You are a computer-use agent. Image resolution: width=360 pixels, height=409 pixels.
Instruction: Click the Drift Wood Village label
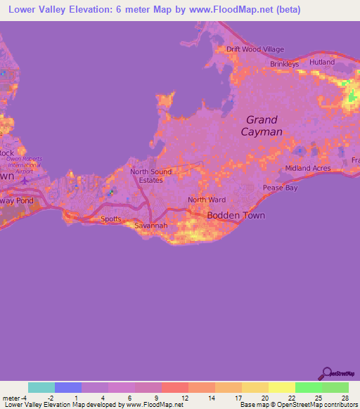pyautogui.click(x=255, y=49)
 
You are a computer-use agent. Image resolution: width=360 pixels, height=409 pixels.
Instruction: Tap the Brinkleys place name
pyautogui.click(x=285, y=64)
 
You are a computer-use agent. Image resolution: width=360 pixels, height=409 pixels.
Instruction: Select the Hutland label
pyautogui.click(x=322, y=63)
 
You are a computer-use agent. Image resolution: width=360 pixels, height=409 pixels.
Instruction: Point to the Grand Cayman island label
pyautogui.click(x=262, y=126)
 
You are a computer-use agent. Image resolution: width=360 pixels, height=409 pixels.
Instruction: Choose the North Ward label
pyautogui.click(x=207, y=200)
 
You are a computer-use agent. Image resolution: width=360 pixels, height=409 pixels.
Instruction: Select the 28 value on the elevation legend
pyautogui.click(x=345, y=398)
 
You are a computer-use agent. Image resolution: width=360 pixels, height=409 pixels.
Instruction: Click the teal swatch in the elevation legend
pyautogui.click(x=41, y=387)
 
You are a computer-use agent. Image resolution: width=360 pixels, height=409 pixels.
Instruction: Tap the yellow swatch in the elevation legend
pyautogui.click(x=282, y=387)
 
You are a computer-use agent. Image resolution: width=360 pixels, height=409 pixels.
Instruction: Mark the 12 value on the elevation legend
pyautogui.click(x=184, y=398)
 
